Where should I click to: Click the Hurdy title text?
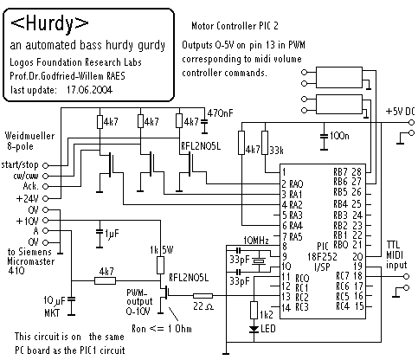click(49, 22)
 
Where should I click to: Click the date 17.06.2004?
click(89, 90)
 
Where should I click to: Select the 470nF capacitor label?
click(220, 113)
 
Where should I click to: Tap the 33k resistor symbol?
click(265, 143)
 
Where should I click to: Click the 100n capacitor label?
click(339, 135)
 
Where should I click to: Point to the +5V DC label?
click(400, 112)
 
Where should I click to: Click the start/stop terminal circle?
click(46, 165)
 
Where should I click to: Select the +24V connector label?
click(28, 199)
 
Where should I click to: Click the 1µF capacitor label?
click(112, 234)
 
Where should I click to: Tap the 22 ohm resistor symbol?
click(203, 295)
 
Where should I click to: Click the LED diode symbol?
click(254, 329)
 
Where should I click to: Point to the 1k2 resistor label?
click(266, 314)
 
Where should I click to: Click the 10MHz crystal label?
click(256, 240)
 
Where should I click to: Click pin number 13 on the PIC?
click(286, 297)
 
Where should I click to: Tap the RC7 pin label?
click(343, 276)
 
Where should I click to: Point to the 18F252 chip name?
click(322, 256)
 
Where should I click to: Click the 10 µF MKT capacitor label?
click(55, 306)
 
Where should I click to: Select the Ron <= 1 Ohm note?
click(162, 329)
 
